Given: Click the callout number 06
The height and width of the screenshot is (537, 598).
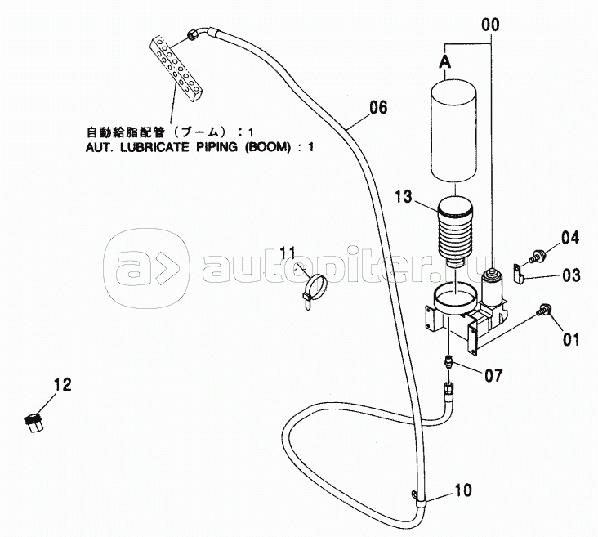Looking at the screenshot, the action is pyautogui.click(x=378, y=108).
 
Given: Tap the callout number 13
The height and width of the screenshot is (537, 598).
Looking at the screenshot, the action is pyautogui.click(x=404, y=196).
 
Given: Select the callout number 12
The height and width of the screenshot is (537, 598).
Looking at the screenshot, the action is pyautogui.click(x=63, y=384).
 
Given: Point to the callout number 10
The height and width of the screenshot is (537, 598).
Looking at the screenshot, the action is pyautogui.click(x=463, y=490).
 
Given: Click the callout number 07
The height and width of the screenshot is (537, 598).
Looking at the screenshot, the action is pyautogui.click(x=493, y=375).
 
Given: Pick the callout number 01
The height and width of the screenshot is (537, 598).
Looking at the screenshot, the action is pyautogui.click(x=571, y=339).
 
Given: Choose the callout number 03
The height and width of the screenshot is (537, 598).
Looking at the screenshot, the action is pyautogui.click(x=571, y=275).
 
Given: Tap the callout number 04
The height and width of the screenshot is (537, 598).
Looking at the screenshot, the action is pyautogui.click(x=569, y=238).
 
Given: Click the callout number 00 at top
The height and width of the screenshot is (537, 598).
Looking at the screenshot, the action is pyautogui.click(x=490, y=25).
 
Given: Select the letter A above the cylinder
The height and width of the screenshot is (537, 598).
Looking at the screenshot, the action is pyautogui.click(x=444, y=62).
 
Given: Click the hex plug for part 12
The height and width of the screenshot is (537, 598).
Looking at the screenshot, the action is pyautogui.click(x=33, y=422).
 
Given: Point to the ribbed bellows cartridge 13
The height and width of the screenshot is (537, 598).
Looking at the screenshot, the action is pyautogui.click(x=455, y=231).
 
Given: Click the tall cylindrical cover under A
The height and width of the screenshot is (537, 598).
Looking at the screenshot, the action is pyautogui.click(x=454, y=132).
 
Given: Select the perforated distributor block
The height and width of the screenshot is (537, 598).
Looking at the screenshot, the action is pyautogui.click(x=176, y=68).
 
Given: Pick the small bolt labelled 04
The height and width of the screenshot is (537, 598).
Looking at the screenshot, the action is pyautogui.click(x=536, y=256).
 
